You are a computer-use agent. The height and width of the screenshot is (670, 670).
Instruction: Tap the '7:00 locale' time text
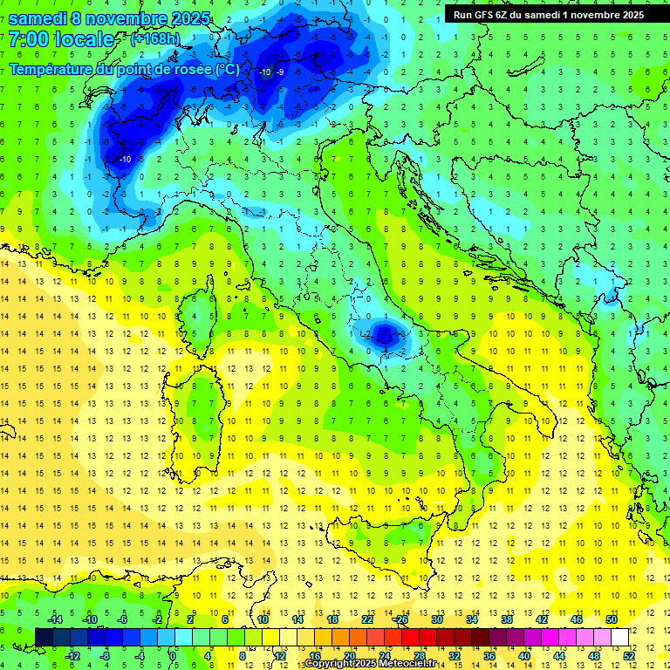tap(61, 39)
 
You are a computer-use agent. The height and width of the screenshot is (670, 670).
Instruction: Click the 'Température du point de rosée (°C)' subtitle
tap(124, 69)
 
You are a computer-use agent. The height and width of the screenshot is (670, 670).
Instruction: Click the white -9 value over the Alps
tap(280, 72)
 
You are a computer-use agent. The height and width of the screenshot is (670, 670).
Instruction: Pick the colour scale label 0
tap(174, 655)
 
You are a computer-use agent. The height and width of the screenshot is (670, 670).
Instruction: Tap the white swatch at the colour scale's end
tap(619, 637)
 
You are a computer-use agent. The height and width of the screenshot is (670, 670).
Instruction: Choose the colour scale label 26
tap(401, 619)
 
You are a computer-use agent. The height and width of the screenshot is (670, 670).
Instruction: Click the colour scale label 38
tap(506, 619)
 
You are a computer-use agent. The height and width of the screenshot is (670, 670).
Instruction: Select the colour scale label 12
tap(280, 655)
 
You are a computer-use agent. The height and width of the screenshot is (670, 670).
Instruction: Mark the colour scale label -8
tap(105, 655)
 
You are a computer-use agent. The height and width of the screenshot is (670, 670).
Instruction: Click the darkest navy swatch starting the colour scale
tap(44, 637)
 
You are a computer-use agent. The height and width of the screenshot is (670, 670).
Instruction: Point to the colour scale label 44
tap(559, 655)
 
